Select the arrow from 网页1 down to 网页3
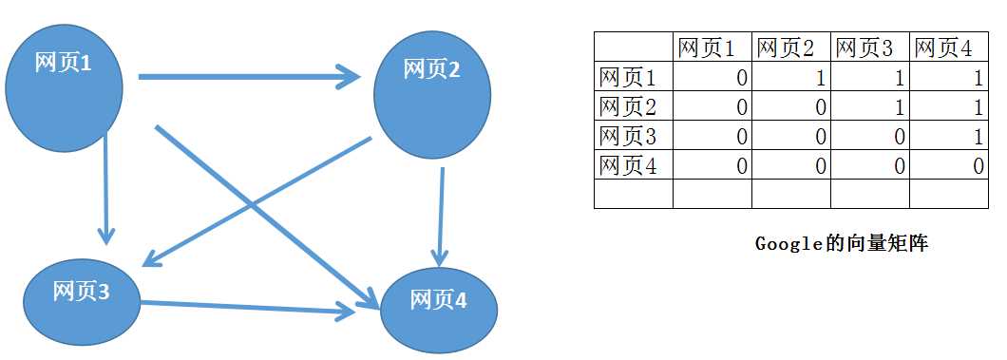(x=106, y=190)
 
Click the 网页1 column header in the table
(x=712, y=47)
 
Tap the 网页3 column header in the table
(x=869, y=47)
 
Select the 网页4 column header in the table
(x=948, y=47)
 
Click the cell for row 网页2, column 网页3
(x=869, y=107)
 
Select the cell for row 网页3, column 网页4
(x=948, y=137)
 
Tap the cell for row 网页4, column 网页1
(x=712, y=166)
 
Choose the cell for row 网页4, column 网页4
(x=948, y=166)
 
